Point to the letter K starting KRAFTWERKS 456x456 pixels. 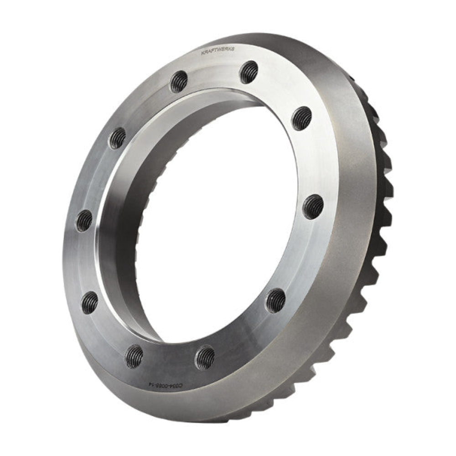tap(202, 54)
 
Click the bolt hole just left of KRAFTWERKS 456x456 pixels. tap(179, 82)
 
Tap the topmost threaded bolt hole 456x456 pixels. tap(249, 72)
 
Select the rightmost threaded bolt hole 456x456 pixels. tap(313, 207)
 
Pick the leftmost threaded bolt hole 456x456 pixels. tap(84, 221)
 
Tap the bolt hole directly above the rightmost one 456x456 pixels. tap(302, 118)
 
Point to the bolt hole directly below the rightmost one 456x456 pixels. tap(275, 301)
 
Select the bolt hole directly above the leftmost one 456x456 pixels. tap(117, 138)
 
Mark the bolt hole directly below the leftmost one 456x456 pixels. tap(90, 302)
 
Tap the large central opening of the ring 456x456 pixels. tap(214, 219)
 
